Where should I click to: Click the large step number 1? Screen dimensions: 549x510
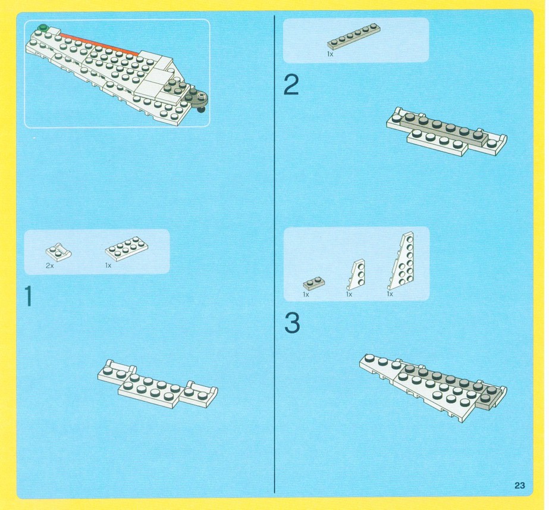29,296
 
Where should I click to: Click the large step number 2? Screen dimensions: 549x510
291,85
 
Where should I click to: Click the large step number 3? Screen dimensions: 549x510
292,323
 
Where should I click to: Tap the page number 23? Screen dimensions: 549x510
520,485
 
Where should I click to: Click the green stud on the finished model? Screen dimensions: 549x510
43,27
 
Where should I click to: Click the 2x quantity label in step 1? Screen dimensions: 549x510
50,265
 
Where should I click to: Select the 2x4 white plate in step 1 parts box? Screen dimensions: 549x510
127,246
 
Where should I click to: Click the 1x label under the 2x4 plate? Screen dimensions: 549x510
108,265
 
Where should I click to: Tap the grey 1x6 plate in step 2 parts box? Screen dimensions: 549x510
354,36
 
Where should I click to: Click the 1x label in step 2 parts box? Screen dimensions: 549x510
330,54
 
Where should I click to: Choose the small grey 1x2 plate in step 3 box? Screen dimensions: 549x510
314,283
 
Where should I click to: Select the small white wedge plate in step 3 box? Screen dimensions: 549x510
356,274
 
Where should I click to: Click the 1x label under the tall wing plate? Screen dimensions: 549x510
390,294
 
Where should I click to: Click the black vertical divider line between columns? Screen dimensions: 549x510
275,254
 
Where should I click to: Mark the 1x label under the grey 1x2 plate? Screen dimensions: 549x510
306,295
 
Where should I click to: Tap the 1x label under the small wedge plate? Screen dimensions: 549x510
349,295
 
